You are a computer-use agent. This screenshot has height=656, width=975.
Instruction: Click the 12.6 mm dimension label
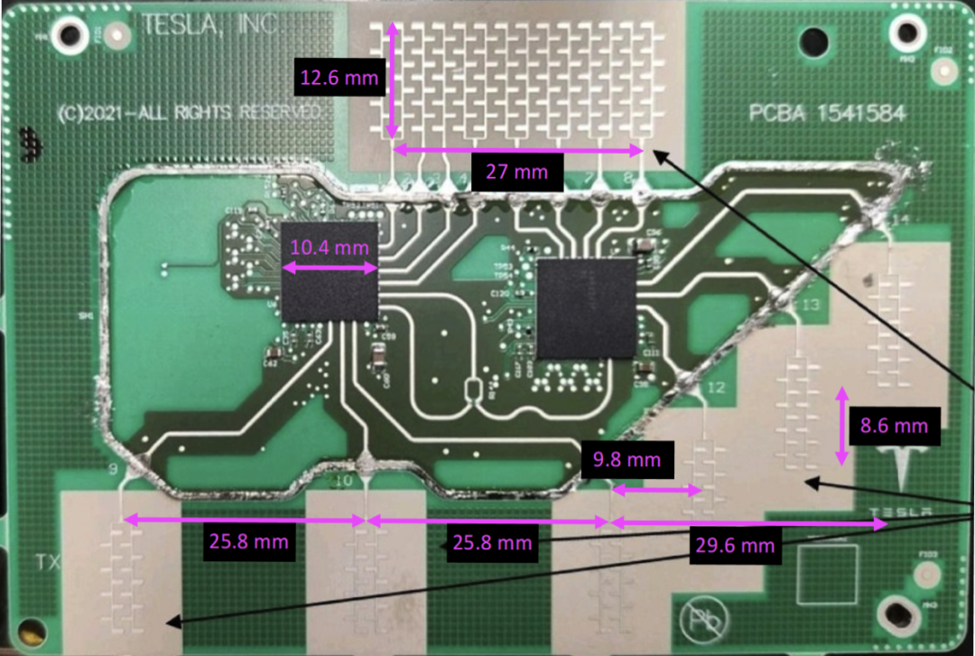pyautogui.click(x=339, y=78)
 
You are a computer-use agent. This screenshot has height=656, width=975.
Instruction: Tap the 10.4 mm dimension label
pyautogui.click(x=330, y=247)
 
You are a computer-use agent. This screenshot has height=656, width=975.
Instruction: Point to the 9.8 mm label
pyautogui.click(x=627, y=460)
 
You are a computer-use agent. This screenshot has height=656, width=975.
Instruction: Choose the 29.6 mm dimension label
pyautogui.click(x=734, y=545)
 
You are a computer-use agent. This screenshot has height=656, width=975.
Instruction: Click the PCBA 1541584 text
pyautogui.click(x=827, y=114)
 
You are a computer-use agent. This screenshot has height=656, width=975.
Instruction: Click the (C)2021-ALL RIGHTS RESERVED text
pyautogui.click(x=188, y=112)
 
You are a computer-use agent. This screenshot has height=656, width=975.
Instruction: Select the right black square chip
pyautogui.click(x=587, y=307)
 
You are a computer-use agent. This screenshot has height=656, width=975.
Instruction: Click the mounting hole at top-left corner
pyautogui.click(x=69, y=35)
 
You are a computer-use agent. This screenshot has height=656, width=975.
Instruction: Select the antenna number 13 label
pyautogui.click(x=809, y=305)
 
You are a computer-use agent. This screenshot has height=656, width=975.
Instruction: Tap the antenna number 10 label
pyautogui.click(x=343, y=482)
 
